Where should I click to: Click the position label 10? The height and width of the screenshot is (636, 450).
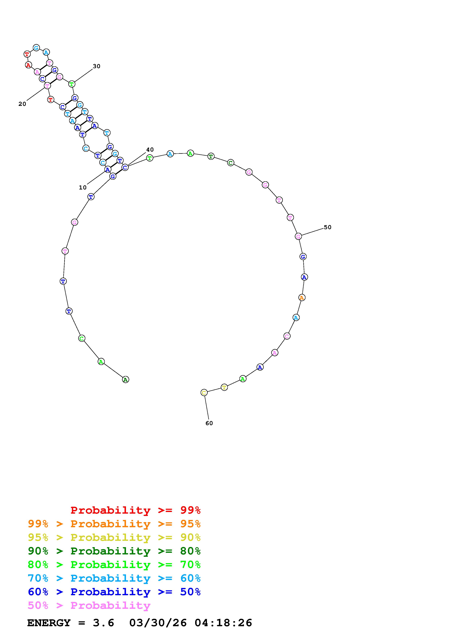pyautogui.click(x=83, y=187)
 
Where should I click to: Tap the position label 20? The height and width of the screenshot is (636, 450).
pyautogui.click(x=22, y=104)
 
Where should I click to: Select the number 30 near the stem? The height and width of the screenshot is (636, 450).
pyautogui.click(x=97, y=66)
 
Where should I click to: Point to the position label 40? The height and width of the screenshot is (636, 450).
pyautogui.click(x=150, y=150)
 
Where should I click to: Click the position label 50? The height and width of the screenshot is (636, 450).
pyautogui.click(x=328, y=227)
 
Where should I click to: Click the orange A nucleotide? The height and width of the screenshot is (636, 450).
pyautogui.click(x=302, y=298)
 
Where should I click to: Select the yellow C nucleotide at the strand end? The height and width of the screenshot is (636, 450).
pyautogui.click(x=204, y=393)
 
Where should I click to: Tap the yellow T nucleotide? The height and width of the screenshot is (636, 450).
pyautogui.click(x=224, y=387)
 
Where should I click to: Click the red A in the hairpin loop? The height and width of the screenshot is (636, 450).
pyautogui.click(x=28, y=65)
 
